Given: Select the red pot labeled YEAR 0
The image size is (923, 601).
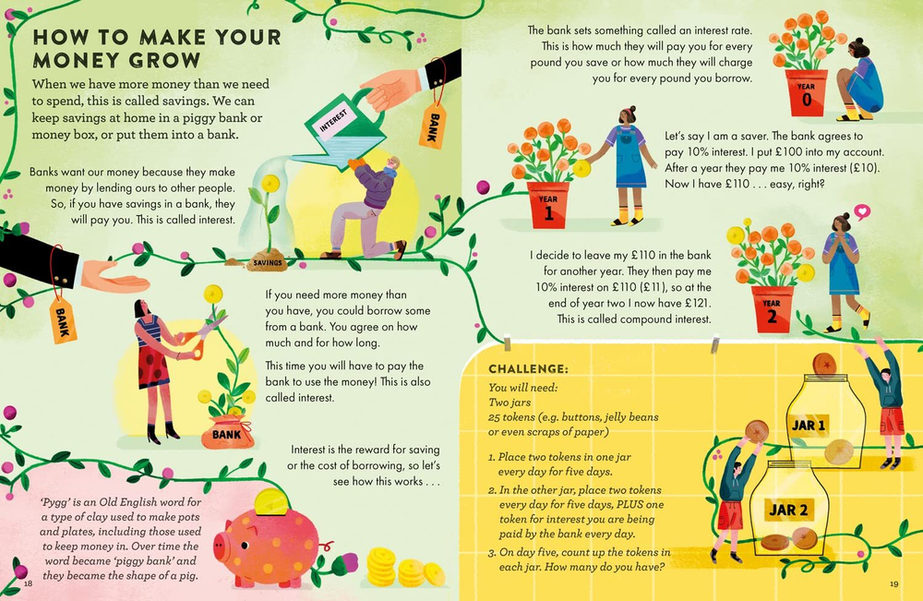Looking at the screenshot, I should (x=807, y=93).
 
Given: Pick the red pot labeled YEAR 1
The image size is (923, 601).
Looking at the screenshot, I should (x=547, y=204).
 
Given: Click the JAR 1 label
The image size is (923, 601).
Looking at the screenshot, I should (x=809, y=426).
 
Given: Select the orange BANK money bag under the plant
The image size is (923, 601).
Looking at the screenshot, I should (x=226, y=433).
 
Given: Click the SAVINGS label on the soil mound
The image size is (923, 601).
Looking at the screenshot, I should (x=269, y=264).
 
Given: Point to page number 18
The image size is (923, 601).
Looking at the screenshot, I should (x=28, y=583).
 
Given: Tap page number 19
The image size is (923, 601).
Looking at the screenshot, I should (x=893, y=583).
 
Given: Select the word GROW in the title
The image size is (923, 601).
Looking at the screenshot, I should (x=161, y=61).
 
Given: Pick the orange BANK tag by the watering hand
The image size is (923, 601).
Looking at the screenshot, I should (x=432, y=124).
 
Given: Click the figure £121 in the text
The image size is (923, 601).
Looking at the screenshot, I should (x=694, y=303).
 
